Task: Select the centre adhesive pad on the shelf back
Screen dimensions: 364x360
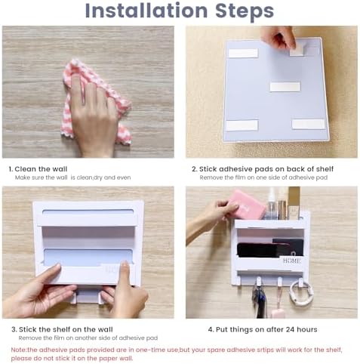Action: coord(285,87)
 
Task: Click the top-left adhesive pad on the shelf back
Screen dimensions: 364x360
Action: coord(242,53)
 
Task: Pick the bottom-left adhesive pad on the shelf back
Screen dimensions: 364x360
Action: coord(242,125)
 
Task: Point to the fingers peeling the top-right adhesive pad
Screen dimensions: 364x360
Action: coord(281,37)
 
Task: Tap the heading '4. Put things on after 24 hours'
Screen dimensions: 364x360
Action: coord(263,329)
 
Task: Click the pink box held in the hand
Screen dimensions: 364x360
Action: coord(247,204)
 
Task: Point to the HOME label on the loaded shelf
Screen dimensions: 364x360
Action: coord(291,261)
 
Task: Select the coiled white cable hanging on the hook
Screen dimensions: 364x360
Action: coord(301,293)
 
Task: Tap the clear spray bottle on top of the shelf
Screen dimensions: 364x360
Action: coord(271,205)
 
